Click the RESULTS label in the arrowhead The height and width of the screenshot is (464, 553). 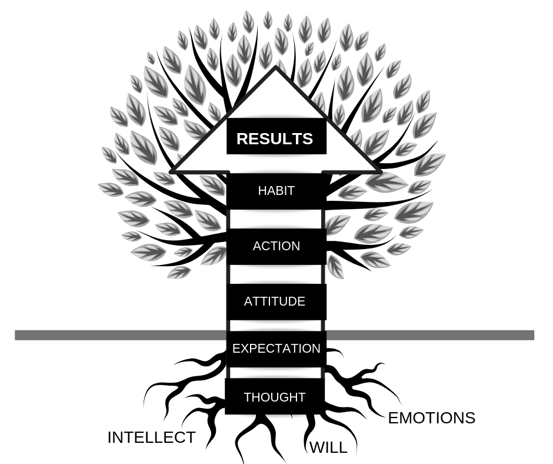point(275,139)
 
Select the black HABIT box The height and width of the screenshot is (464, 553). point(276,191)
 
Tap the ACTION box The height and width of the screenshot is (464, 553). point(276,246)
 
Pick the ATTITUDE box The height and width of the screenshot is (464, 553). point(275,301)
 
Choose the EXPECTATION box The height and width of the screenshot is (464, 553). point(276,349)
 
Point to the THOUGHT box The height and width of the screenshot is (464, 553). point(274,397)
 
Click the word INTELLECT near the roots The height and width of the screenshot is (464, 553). point(151,438)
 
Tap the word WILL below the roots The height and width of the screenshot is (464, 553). point(328,448)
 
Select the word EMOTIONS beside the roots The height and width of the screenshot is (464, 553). point(431,418)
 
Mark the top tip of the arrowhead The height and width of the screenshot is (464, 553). point(276,69)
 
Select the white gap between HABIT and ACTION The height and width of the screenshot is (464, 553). point(276,218)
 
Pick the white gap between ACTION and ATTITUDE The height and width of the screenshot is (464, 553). point(276,274)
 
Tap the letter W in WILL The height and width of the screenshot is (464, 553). point(317,448)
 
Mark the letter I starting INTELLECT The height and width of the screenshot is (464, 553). point(109,438)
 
